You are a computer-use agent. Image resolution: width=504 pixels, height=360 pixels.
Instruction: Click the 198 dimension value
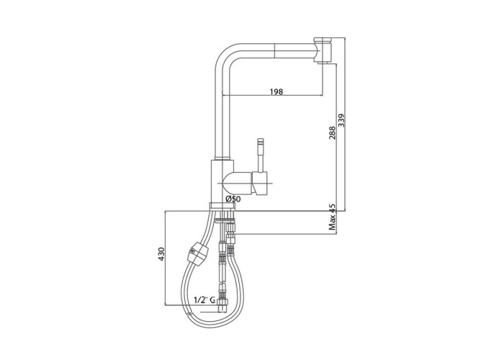(276, 91)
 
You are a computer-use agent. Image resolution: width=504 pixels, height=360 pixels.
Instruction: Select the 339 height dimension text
(341, 120)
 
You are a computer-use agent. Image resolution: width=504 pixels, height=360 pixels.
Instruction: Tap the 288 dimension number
(332, 132)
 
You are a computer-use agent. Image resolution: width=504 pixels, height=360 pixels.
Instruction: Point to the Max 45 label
(332, 217)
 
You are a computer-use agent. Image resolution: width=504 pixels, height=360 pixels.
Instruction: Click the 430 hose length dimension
(161, 253)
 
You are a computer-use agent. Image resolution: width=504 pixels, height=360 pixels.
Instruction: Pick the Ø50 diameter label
(233, 199)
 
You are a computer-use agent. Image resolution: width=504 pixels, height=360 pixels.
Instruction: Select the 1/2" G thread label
(204, 300)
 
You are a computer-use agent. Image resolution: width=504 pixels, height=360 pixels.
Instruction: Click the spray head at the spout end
(323, 50)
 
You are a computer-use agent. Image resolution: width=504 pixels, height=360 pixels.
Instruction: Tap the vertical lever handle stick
(261, 155)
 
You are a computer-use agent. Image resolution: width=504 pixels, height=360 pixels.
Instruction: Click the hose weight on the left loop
(196, 253)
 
